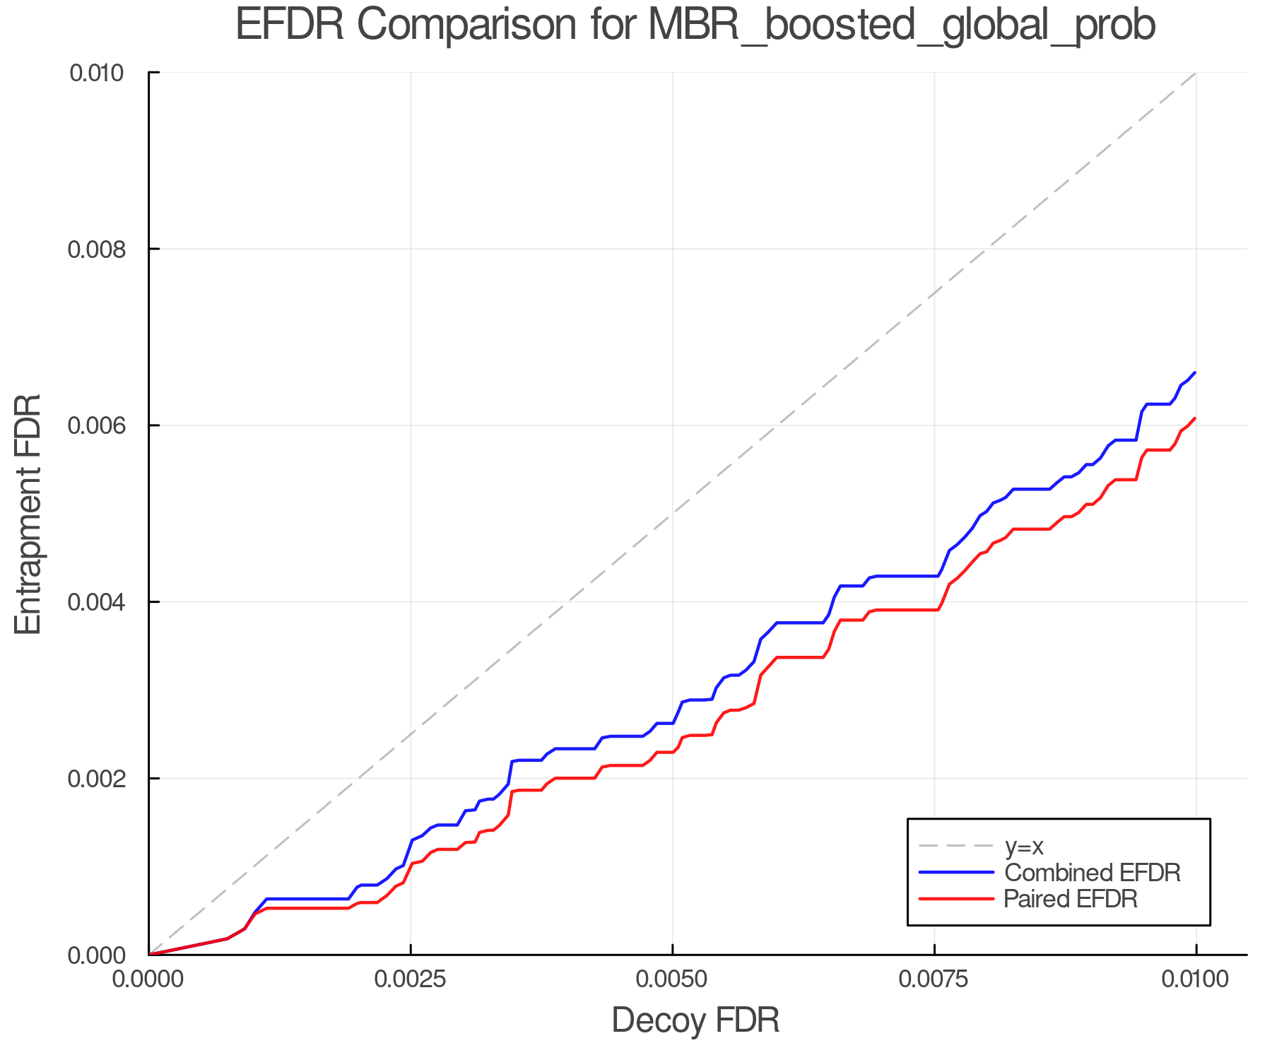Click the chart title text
(x=695, y=25)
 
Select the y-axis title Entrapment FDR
(x=28, y=514)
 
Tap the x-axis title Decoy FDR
(x=695, y=1020)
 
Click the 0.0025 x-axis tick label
(x=411, y=979)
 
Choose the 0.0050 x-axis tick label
(x=673, y=979)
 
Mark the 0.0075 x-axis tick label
(x=934, y=979)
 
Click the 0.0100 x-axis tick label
(x=1196, y=979)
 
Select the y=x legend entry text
(x=1024, y=846)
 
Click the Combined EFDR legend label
(x=1093, y=872)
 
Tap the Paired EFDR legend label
(x=1071, y=899)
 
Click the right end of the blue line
(x=1195, y=372)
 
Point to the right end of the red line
(x=1195, y=418)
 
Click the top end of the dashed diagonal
(x=1195, y=73)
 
